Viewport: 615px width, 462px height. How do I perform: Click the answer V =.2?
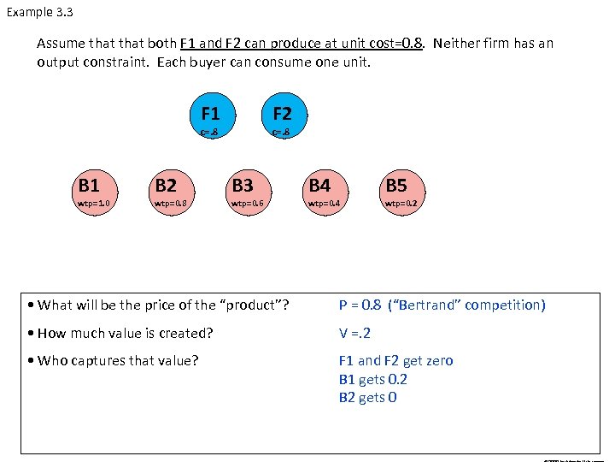coord(355,333)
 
